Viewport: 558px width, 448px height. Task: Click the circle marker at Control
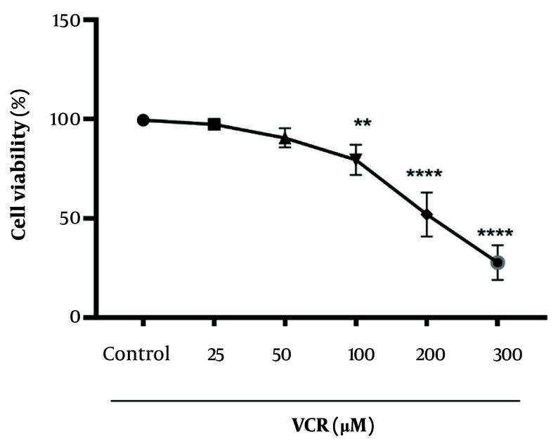coord(143,120)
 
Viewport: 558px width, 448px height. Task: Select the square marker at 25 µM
coord(214,124)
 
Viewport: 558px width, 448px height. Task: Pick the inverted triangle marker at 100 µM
coord(356,160)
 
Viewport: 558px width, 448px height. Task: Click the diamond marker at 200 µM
coord(427,214)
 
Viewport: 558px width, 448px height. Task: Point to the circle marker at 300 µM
coord(498,262)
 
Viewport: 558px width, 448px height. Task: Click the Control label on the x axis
coord(136,354)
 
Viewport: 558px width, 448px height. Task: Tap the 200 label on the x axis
coord(427,354)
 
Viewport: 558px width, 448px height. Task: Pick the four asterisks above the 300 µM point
coord(495,233)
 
